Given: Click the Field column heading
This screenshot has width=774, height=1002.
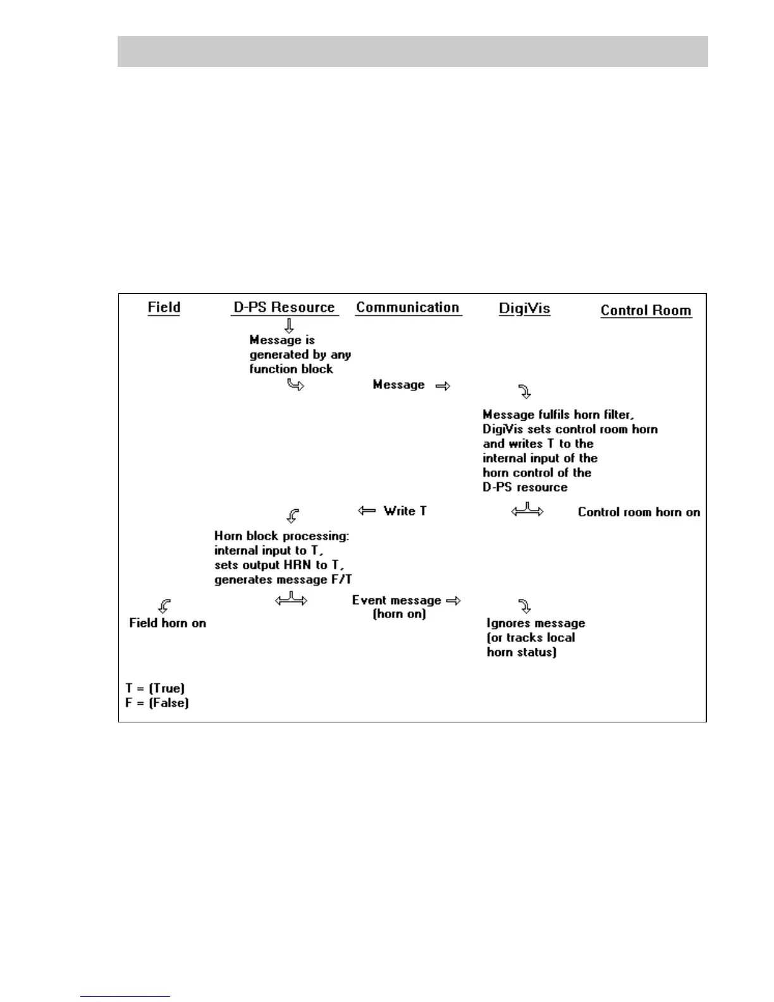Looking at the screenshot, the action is click(x=164, y=307).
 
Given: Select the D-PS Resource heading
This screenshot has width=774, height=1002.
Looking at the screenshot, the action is click(x=284, y=307).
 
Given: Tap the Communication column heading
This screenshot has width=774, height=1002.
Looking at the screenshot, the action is click(x=407, y=307).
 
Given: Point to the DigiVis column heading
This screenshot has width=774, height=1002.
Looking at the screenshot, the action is click(x=524, y=309).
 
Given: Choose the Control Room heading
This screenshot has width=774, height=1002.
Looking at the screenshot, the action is click(x=646, y=311).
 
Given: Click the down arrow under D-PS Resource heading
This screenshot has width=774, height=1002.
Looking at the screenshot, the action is click(x=289, y=326).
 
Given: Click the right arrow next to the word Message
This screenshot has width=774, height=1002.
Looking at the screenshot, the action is click(x=443, y=386).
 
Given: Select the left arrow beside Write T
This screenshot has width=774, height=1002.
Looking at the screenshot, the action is click(x=367, y=510).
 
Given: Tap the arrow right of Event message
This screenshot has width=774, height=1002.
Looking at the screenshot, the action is click(x=453, y=600).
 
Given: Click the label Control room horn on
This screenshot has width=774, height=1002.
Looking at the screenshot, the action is click(x=639, y=512).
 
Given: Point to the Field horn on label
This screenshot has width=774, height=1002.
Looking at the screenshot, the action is click(x=168, y=623).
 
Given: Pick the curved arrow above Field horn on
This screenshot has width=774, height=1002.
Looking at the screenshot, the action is click(x=164, y=606).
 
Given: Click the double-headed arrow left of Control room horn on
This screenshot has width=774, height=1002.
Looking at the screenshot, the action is click(x=527, y=510).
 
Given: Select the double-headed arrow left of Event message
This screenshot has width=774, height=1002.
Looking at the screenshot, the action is click(x=291, y=598).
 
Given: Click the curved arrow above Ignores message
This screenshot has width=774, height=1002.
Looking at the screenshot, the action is click(x=524, y=606).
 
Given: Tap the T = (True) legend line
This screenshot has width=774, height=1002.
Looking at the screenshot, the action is click(x=155, y=688).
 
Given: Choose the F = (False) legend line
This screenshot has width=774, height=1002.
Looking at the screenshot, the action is click(x=157, y=703).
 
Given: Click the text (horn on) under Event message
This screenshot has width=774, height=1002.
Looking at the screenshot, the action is click(x=399, y=614).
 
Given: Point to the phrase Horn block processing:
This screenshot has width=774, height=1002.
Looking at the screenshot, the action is click(x=281, y=536).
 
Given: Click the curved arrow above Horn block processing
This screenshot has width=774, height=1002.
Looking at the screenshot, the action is click(x=292, y=516).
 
